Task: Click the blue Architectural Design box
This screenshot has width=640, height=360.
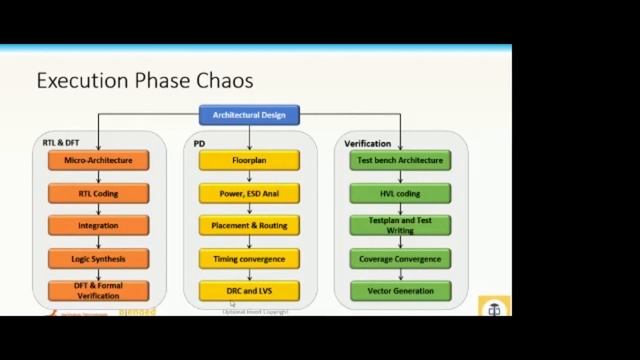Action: click(x=249, y=115)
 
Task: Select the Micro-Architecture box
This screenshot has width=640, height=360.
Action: click(x=98, y=160)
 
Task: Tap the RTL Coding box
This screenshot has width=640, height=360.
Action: click(x=98, y=193)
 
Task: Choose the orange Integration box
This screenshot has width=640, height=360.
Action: click(x=98, y=225)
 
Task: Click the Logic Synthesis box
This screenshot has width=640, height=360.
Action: click(x=98, y=258)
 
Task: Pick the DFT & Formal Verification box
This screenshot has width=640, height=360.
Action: click(x=98, y=290)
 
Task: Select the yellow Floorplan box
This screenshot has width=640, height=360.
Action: click(x=249, y=160)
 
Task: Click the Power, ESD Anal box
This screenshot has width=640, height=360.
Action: click(x=249, y=193)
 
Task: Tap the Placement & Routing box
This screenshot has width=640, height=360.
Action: click(x=249, y=225)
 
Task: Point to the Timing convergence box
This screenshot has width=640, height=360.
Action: click(x=249, y=258)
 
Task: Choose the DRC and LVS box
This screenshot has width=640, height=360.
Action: click(x=249, y=291)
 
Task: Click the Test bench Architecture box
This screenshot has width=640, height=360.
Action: click(x=400, y=160)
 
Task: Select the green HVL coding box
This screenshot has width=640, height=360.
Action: click(x=400, y=193)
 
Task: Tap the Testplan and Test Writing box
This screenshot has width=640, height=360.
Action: click(x=400, y=225)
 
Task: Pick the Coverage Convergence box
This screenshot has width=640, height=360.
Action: click(x=400, y=258)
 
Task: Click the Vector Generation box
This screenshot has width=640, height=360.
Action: click(x=400, y=291)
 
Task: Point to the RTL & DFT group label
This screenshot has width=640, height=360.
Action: click(x=61, y=143)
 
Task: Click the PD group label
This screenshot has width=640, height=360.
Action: click(x=200, y=143)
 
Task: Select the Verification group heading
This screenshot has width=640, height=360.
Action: click(x=367, y=143)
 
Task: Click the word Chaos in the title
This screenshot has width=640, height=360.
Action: click(x=223, y=80)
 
